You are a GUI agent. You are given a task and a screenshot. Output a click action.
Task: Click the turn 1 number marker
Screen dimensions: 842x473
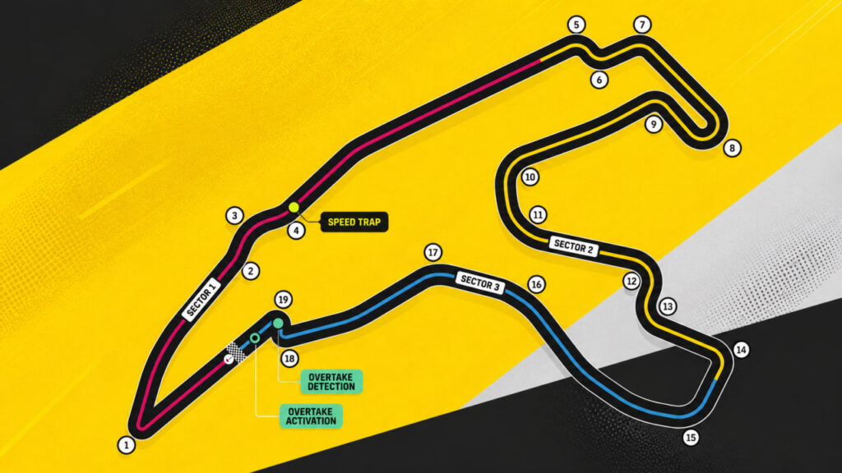pyautogui.click(x=127, y=444)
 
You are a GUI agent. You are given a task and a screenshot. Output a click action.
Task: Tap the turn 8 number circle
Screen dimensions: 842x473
pyautogui.click(x=732, y=148)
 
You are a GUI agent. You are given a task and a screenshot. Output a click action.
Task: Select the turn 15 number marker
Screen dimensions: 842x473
pyautogui.click(x=691, y=438)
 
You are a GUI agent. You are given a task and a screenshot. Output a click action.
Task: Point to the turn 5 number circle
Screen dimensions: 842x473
pyautogui.click(x=576, y=25)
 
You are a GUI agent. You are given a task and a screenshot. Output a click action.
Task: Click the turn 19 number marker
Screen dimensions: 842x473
pyautogui.click(x=283, y=299)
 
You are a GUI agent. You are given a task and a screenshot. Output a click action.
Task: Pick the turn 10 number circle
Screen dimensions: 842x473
pyautogui.click(x=530, y=177)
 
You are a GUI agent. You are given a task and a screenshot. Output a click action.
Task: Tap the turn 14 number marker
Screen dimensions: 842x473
pyautogui.click(x=741, y=350)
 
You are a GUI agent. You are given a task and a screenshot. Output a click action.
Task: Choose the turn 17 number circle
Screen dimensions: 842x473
pyautogui.click(x=433, y=252)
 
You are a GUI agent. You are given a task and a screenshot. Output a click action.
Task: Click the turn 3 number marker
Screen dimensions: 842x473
pyautogui.click(x=234, y=216)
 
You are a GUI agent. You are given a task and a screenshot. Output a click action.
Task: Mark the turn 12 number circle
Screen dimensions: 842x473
pyautogui.click(x=631, y=281)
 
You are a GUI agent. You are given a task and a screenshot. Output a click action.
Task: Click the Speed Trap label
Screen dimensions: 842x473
pyautogui.click(x=354, y=222)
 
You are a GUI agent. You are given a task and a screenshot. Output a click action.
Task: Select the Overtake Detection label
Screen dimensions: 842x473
pyautogui.click(x=331, y=382)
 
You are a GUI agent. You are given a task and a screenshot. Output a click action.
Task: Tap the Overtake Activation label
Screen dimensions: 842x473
pyautogui.click(x=311, y=416)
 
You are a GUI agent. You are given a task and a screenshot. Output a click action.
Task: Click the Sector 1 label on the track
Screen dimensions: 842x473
pyautogui.click(x=201, y=300)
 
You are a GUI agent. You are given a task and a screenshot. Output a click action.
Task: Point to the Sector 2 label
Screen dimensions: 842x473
pyautogui.click(x=573, y=246)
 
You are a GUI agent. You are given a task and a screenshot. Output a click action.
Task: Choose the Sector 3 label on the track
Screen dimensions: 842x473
pyautogui.click(x=480, y=282)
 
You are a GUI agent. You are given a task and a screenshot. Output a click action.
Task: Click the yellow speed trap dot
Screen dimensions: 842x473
pyautogui.click(x=294, y=207)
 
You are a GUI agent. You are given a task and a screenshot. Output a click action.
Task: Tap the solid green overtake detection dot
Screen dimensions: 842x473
pyautogui.click(x=278, y=324)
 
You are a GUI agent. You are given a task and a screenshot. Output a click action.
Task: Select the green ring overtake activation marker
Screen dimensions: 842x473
pyautogui.click(x=255, y=338)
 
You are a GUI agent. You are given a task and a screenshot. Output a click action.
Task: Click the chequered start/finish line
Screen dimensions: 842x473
pyautogui.click(x=236, y=351)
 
